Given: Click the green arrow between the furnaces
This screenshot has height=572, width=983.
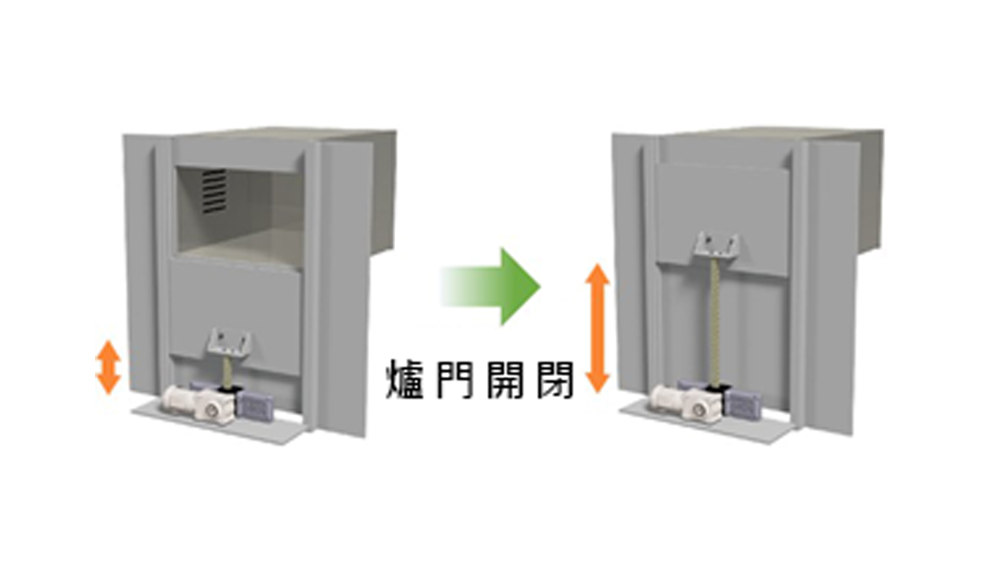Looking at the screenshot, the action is (492, 286).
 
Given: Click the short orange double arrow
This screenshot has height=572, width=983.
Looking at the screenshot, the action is (108, 367).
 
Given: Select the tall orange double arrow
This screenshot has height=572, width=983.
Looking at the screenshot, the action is (598, 327).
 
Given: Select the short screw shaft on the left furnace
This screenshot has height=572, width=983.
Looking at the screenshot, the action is (229, 371).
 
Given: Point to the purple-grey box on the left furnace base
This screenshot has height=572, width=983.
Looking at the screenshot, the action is (255, 404).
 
